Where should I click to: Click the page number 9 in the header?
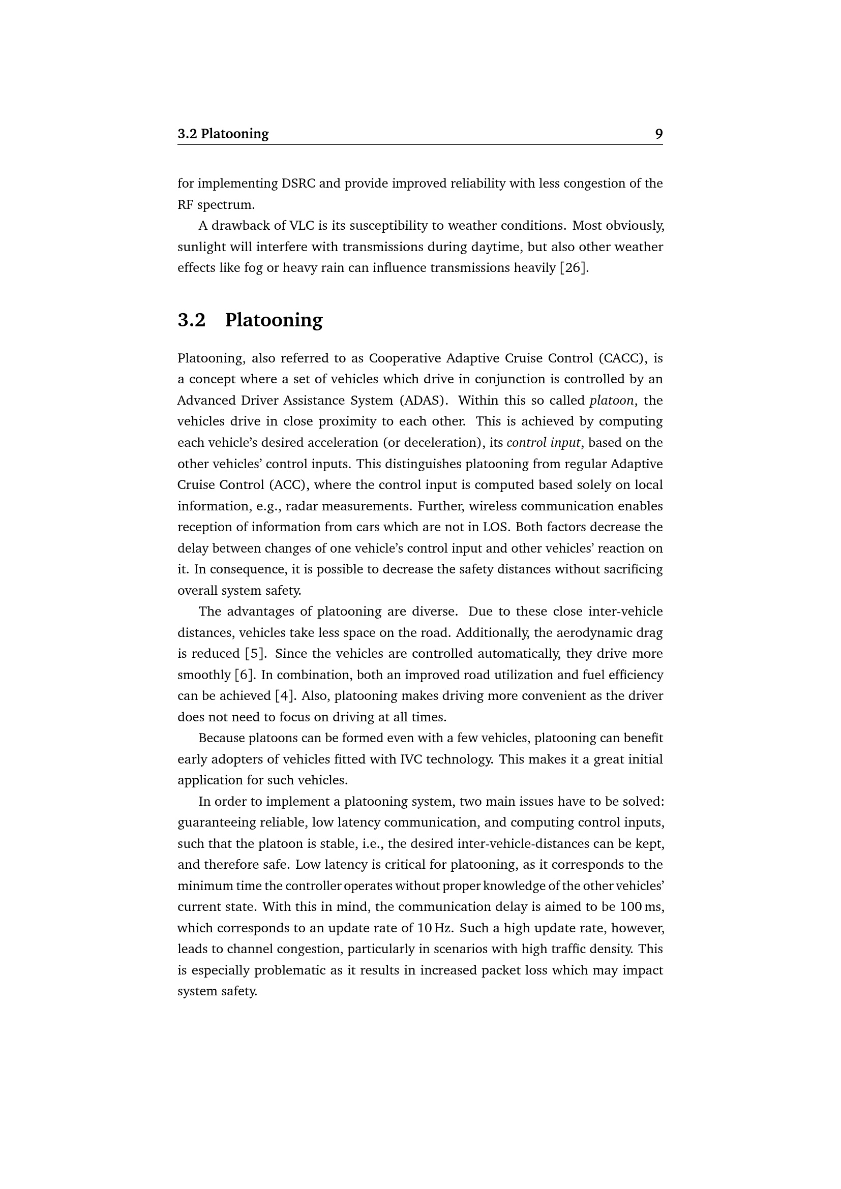[x=658, y=134]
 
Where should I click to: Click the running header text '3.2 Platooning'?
[x=223, y=134]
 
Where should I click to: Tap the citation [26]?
[x=574, y=268]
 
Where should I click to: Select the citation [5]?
[x=256, y=654]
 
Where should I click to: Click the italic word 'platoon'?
[x=612, y=401]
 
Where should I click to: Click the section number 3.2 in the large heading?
[x=192, y=320]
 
